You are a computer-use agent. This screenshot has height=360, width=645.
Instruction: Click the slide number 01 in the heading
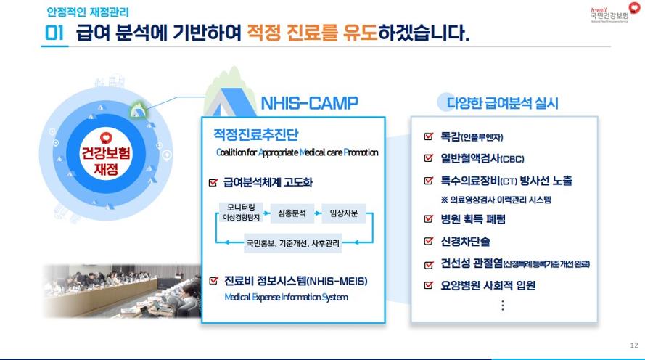(54, 33)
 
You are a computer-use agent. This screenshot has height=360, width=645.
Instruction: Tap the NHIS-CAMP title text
(309, 103)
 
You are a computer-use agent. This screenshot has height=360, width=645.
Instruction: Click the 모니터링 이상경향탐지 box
(241, 212)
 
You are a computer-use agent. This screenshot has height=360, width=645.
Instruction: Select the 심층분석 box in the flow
(292, 213)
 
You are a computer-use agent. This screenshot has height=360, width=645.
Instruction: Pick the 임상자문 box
(343, 213)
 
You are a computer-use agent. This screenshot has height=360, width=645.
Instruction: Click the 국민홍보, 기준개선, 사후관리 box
(292, 243)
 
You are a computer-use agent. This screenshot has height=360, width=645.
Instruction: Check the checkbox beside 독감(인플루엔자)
(429, 136)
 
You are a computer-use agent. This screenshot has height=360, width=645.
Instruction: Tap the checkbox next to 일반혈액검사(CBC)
(429, 158)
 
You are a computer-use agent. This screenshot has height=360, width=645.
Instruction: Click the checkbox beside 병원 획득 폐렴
(429, 218)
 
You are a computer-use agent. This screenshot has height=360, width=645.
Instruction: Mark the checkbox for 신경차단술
(429, 241)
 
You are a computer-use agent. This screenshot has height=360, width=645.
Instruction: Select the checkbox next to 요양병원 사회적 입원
(429, 285)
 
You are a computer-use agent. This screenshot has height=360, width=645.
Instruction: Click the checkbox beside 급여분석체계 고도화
(213, 182)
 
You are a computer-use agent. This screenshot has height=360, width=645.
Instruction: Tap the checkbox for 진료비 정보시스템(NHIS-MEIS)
(213, 281)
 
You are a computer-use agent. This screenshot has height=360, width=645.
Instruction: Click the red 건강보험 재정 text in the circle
(106, 160)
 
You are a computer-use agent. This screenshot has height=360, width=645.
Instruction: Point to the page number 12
(634, 345)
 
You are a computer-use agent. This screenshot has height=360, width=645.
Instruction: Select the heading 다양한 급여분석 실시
(502, 103)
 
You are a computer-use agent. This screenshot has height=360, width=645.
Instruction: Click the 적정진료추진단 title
(256, 134)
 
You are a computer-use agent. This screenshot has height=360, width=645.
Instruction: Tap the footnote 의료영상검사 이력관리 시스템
(496, 200)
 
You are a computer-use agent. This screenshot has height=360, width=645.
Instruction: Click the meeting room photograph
(122, 291)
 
